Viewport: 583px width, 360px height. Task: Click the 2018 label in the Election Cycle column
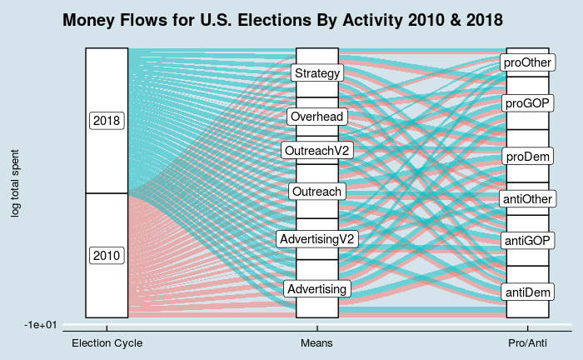tap(107, 121)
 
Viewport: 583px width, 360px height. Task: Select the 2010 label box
tap(107, 256)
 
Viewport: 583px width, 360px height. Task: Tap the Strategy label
tap(317, 73)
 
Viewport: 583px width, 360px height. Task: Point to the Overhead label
tap(317, 117)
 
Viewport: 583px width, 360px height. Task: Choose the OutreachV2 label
tap(317, 151)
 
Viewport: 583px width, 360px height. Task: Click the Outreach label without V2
tap(317, 192)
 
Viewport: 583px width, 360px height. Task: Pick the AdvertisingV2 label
tap(317, 239)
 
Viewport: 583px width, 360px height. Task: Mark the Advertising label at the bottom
tap(317, 289)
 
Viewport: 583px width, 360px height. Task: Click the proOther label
tap(527, 62)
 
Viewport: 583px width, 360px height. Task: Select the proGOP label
tap(527, 103)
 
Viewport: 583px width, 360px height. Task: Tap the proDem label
tap(527, 157)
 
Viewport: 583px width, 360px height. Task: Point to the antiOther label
tap(527, 199)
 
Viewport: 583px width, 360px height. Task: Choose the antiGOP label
tap(527, 241)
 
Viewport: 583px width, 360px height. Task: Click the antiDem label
tap(527, 292)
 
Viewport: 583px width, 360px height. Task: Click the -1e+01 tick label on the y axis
tap(41, 325)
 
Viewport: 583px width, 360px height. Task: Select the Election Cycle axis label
tap(107, 342)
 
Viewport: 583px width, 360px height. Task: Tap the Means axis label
tap(316, 342)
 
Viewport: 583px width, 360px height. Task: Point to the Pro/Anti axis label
tap(527, 342)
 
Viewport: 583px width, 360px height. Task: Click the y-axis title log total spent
tap(14, 183)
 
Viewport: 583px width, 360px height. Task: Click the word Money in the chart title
tap(89, 20)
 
